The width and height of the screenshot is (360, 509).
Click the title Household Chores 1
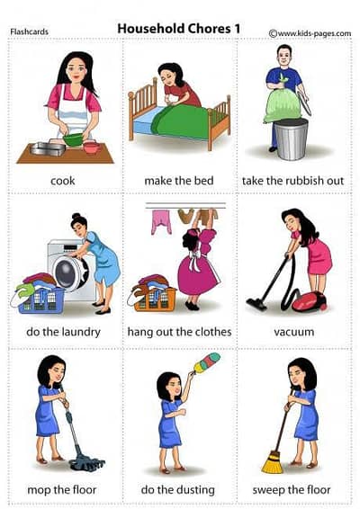(179, 29)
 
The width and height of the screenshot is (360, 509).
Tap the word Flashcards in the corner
(29, 31)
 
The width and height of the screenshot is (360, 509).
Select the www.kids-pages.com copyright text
(310, 33)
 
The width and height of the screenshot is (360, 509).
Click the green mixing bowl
(73, 139)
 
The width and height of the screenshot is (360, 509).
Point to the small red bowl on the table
(92, 147)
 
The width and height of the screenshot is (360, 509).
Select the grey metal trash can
(291, 139)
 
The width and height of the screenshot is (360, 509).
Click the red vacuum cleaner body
(310, 302)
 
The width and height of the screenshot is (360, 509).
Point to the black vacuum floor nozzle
(256, 305)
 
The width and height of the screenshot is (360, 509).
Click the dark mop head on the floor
(87, 462)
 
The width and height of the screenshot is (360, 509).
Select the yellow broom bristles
(273, 462)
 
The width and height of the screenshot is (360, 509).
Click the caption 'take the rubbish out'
(292, 181)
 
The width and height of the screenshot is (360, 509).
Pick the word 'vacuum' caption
(293, 332)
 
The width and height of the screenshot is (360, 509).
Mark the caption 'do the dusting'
(177, 490)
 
